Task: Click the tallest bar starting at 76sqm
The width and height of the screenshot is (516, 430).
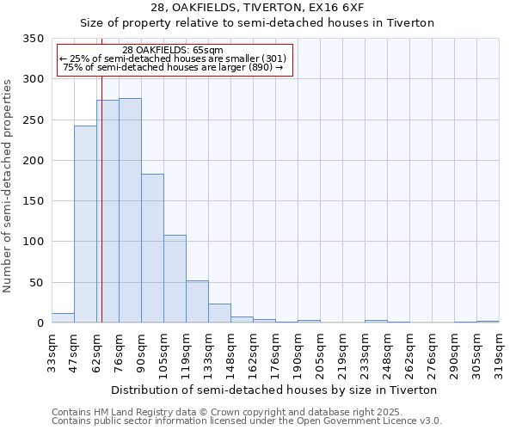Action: pos(130,211)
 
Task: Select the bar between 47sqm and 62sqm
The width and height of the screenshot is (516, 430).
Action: pos(85,224)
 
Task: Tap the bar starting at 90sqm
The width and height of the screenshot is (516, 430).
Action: pos(152,249)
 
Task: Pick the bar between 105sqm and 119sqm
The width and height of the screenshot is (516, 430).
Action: pos(175,279)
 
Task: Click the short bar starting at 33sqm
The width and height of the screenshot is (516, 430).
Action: pos(63,318)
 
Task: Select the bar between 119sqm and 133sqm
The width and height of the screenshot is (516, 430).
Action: pos(197,302)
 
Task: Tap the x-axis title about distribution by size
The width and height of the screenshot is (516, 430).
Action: pos(274,390)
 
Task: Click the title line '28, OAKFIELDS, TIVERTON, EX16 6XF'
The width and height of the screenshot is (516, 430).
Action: pos(257,8)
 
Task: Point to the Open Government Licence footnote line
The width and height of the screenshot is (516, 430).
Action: pos(246,421)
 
